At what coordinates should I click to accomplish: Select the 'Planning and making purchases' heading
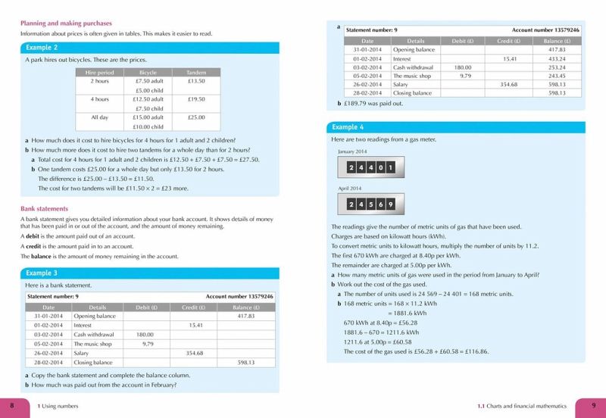pyautogui.click(x=68, y=23)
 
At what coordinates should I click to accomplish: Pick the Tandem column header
pyautogui.click(x=195, y=73)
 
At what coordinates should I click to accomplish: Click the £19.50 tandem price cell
pyautogui.click(x=195, y=99)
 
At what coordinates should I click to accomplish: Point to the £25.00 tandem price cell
pyautogui.click(x=195, y=118)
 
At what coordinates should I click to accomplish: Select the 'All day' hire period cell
pyautogui.click(x=100, y=118)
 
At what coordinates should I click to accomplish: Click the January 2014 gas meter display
pyautogui.click(x=370, y=168)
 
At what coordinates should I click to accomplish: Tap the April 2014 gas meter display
pyautogui.click(x=370, y=204)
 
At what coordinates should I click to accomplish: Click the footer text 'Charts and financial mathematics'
pyautogui.click(x=524, y=407)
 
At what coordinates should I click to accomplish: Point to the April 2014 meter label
pyautogui.click(x=350, y=188)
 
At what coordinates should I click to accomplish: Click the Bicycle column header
pyautogui.click(x=142, y=73)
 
